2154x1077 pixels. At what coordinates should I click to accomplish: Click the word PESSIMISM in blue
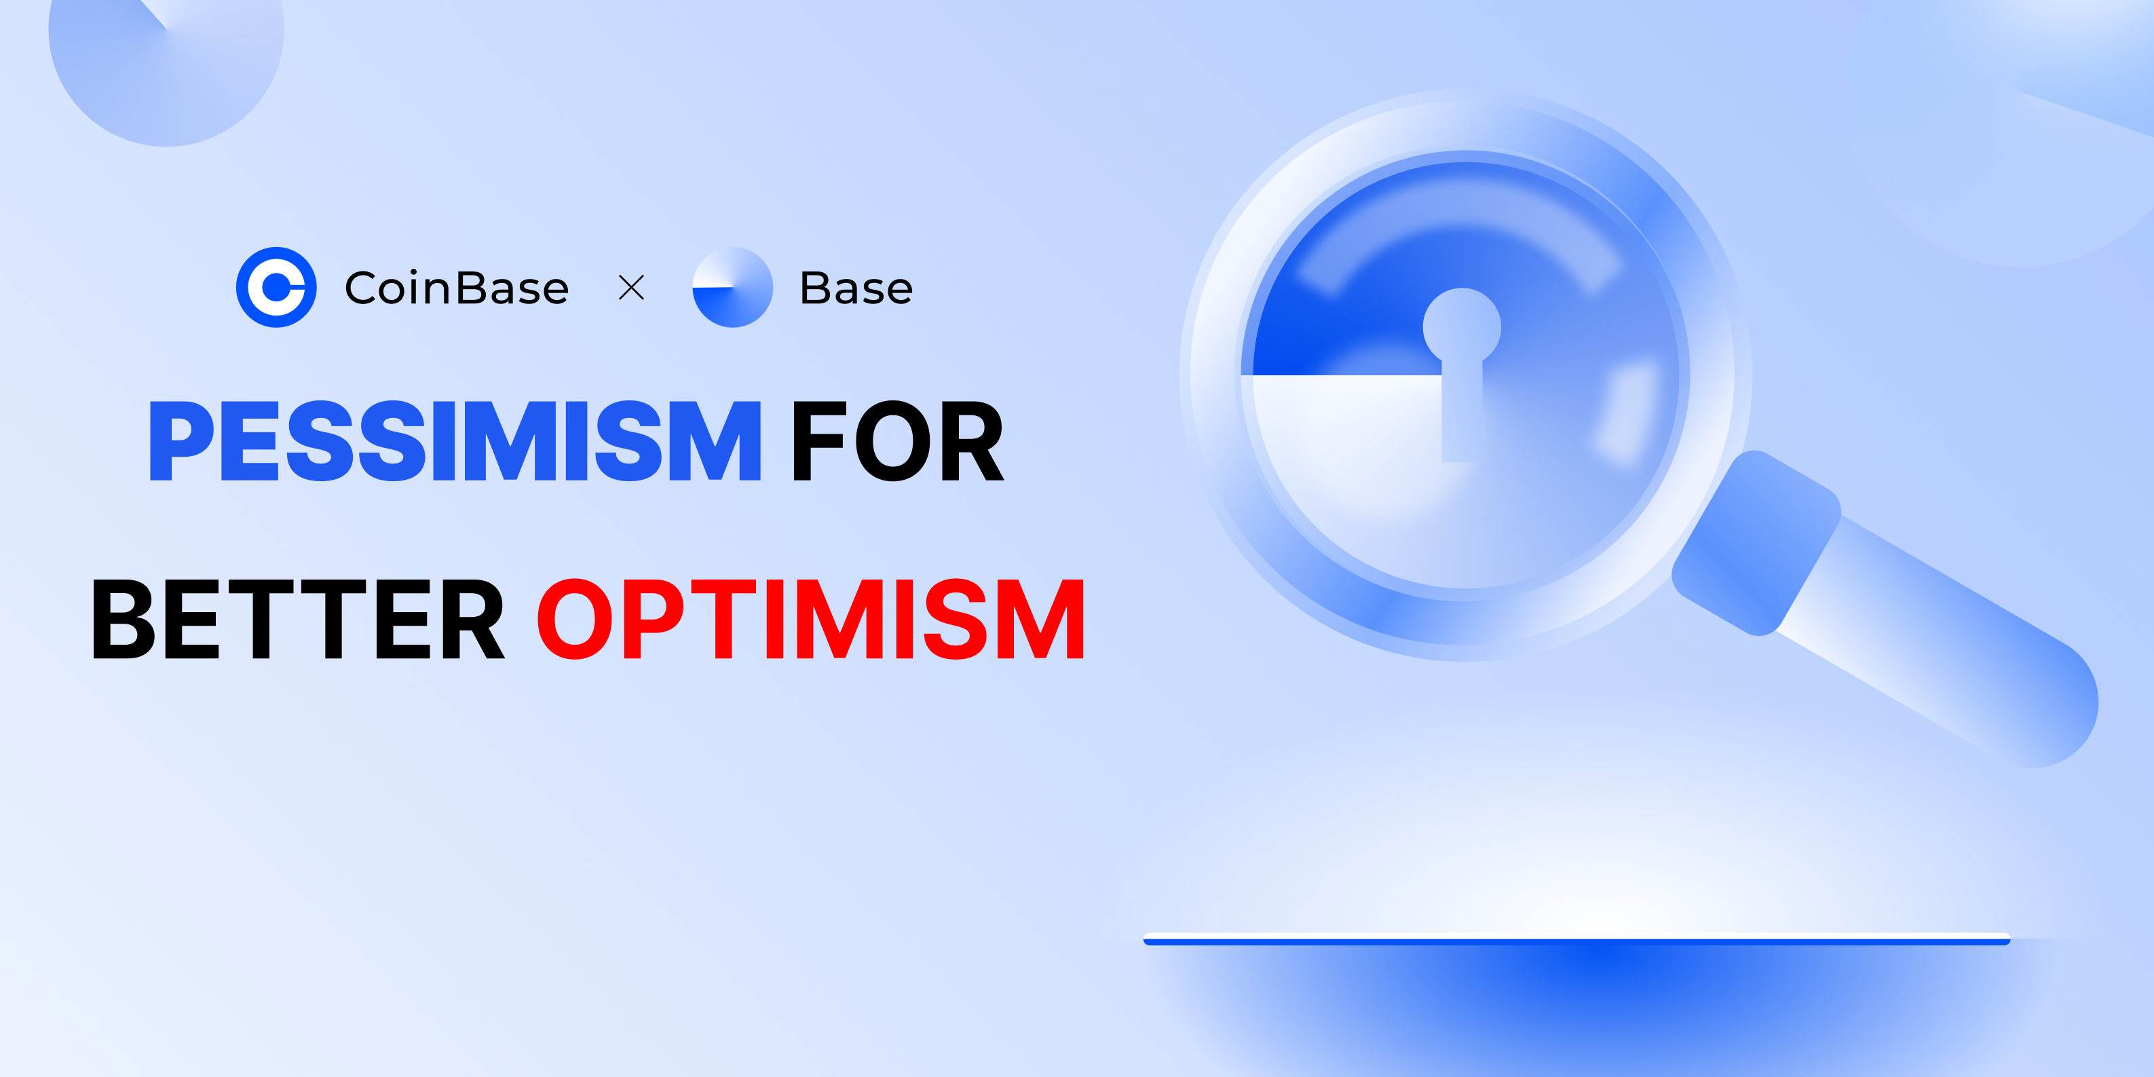(455, 440)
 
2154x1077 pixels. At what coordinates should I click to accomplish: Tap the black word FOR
(897, 440)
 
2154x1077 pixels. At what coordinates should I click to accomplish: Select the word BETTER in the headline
(298, 619)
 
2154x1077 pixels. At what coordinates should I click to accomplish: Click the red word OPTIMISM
(810, 619)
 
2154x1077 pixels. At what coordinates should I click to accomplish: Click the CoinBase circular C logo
(276, 287)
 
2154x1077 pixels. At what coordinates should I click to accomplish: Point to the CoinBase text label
(457, 288)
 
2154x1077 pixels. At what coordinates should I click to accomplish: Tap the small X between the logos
(631, 288)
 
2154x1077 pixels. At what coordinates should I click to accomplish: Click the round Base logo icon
(732, 287)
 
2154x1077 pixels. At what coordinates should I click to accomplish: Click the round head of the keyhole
(1462, 326)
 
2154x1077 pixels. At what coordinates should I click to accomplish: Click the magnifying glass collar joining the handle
(1756, 544)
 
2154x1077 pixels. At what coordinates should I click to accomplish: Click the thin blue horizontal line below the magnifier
(1576, 940)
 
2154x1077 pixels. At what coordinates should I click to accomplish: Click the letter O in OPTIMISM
(576, 619)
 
